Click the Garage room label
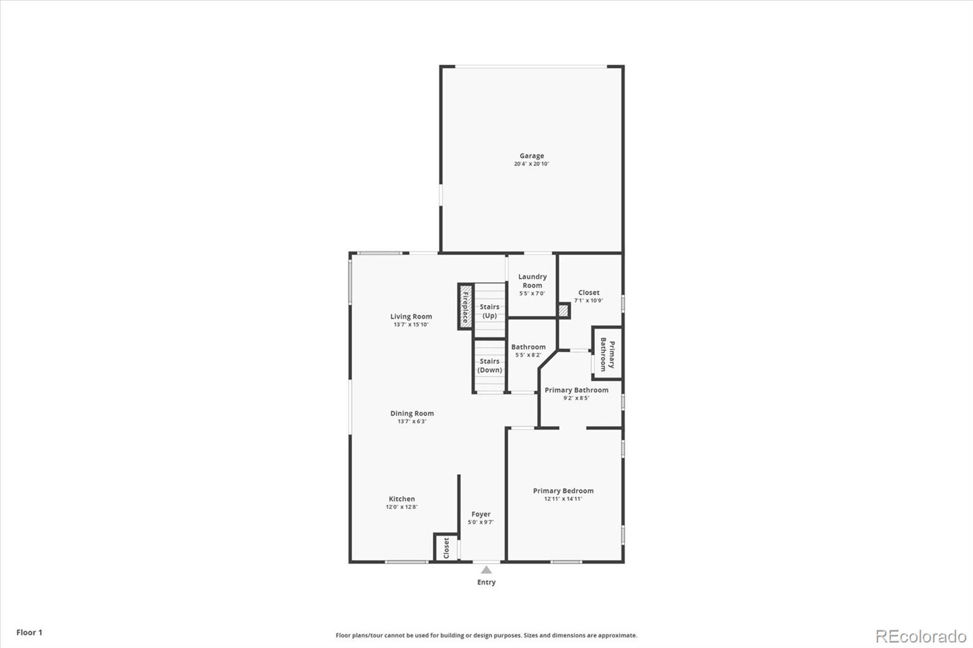click(532, 156)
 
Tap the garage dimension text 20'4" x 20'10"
click(532, 164)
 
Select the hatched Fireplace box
click(466, 307)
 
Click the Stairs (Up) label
click(490, 311)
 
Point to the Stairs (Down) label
click(490, 365)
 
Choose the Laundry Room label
click(532, 281)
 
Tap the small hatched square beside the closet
click(564, 311)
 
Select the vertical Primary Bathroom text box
click(607, 354)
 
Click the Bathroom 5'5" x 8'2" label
click(528, 351)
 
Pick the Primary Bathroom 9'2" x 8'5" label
click(576, 393)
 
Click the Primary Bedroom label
click(563, 494)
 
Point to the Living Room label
click(411, 320)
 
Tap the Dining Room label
click(412, 417)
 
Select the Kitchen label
click(401, 502)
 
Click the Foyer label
click(480, 517)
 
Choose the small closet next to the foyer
click(446, 548)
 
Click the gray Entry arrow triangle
click(486, 570)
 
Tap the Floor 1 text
click(29, 633)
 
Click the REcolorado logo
click(921, 636)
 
